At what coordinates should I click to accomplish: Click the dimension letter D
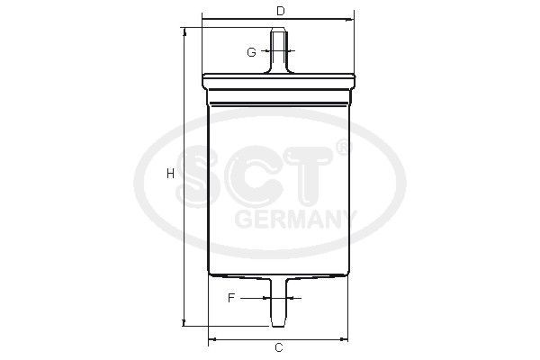[280, 11]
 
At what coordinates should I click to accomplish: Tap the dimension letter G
[251, 52]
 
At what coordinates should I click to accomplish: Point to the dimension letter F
[231, 298]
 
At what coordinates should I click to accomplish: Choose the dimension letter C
[279, 347]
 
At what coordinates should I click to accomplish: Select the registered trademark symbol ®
[341, 146]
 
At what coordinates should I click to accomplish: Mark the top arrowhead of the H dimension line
[184, 31]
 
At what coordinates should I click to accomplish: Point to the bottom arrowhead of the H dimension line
[184, 322]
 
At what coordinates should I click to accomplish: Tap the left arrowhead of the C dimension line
[211, 339]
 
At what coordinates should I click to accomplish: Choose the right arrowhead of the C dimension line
[349, 339]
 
